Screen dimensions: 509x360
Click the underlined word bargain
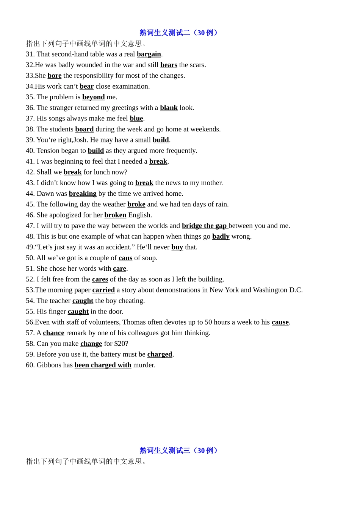149,54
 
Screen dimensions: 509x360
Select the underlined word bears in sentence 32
169,65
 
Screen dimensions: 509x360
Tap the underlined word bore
55,76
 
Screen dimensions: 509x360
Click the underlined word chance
53,333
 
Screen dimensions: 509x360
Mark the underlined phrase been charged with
103,365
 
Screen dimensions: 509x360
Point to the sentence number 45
30,205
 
